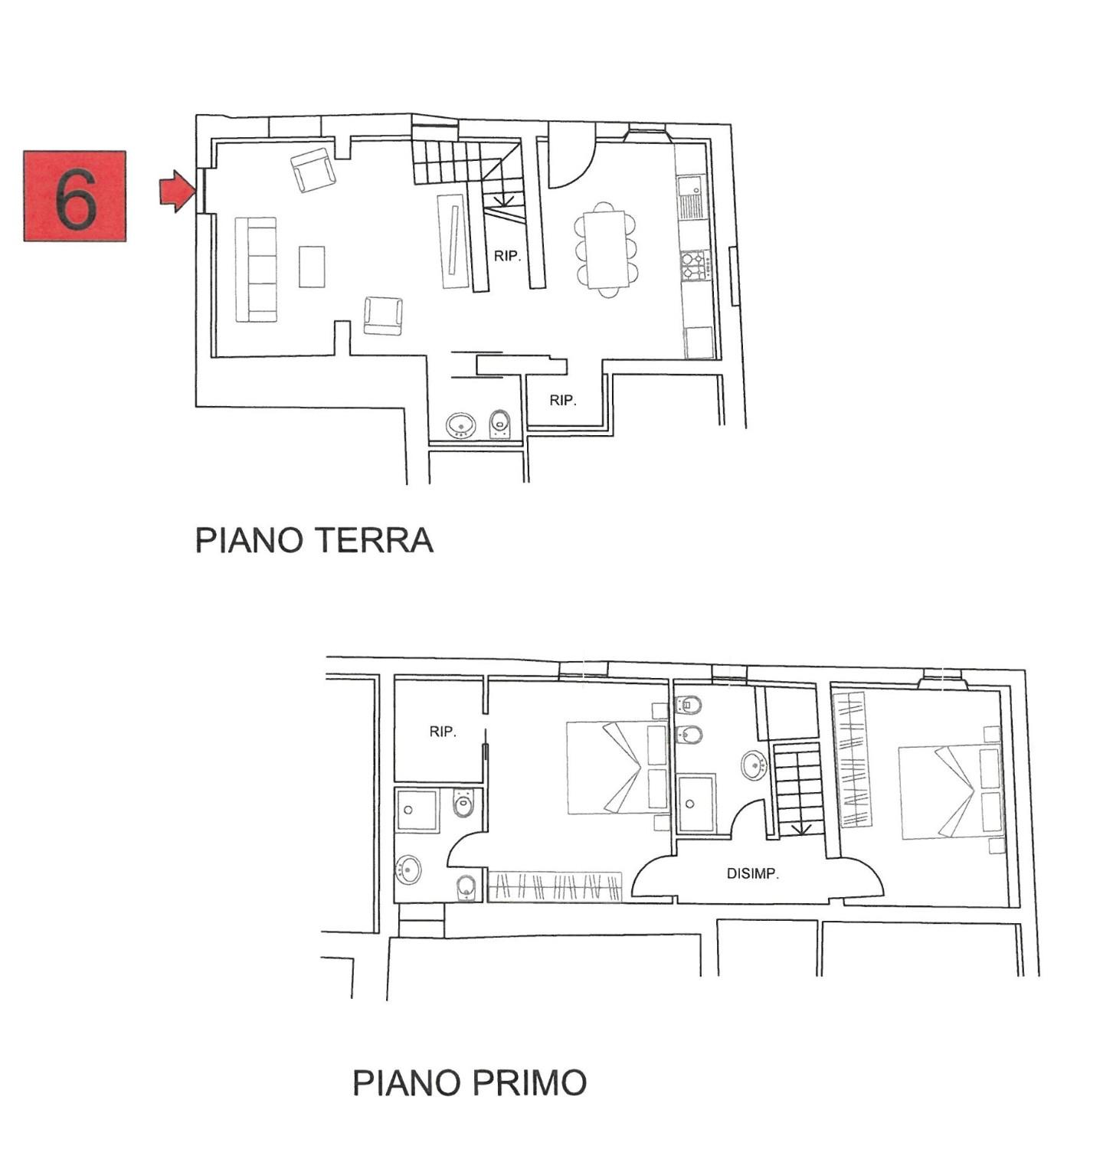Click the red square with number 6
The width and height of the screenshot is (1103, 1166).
coord(75,196)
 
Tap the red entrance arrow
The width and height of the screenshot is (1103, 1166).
coord(176,191)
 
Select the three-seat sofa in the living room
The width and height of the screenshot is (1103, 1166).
coord(255,269)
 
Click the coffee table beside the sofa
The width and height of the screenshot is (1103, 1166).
coord(312,266)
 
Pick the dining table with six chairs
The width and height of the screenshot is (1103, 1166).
coord(606,249)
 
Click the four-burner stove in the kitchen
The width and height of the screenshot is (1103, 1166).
coord(693,264)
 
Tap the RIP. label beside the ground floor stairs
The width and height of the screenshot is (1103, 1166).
coord(507,257)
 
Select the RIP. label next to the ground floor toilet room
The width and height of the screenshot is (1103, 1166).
coord(563,400)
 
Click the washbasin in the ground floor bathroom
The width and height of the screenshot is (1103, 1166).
coord(460,425)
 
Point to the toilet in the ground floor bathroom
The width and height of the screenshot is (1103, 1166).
coord(499,423)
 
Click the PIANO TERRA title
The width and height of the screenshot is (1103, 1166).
coord(314,540)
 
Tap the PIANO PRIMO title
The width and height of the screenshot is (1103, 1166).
coord(470,1082)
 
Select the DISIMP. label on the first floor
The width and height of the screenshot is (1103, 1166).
coord(752,873)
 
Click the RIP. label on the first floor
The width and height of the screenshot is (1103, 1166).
coord(443,732)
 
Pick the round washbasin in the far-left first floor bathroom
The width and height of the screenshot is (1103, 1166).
coord(408,870)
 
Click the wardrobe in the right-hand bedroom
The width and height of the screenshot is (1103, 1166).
coord(856,759)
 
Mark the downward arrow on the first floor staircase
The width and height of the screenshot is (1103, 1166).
coord(801,829)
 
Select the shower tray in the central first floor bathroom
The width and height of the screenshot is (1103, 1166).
coord(696,804)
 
